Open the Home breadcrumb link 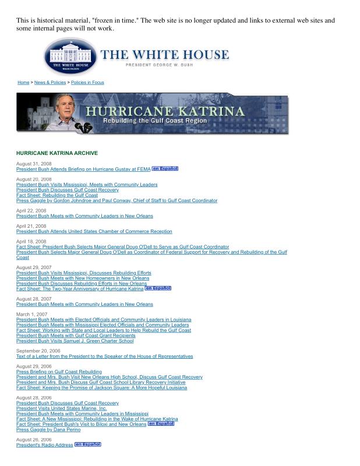[23, 83]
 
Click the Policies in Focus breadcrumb [87, 83]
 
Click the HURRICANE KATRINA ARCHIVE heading [57, 153]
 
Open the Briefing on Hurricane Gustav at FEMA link [83, 169]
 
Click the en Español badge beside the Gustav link [165, 169]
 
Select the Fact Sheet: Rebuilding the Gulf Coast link [57, 195]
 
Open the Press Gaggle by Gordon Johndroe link [117, 200]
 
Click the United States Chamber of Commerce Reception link [94, 231]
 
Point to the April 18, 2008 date [31, 242]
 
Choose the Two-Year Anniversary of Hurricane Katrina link [80, 288]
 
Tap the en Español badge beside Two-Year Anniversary [158, 288]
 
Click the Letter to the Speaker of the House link [104, 356]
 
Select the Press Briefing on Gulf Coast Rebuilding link [59, 372]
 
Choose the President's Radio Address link [45, 445]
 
